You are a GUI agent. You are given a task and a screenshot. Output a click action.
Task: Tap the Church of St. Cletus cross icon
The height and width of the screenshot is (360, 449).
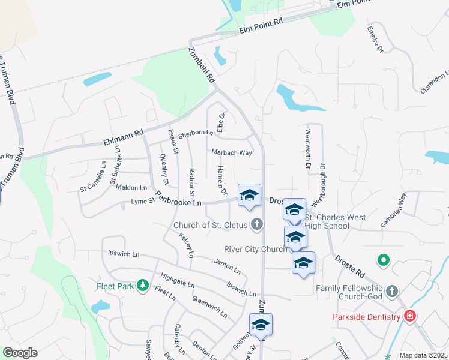point(257,225)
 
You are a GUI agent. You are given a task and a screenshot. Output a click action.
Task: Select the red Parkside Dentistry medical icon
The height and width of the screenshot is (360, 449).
point(410,316)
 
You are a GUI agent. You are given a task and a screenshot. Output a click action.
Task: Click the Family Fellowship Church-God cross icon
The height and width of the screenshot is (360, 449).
point(392,292)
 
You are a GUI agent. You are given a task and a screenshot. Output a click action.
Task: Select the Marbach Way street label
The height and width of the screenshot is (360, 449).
point(232,152)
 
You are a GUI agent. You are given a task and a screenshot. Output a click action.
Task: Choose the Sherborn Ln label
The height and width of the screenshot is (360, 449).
point(196,134)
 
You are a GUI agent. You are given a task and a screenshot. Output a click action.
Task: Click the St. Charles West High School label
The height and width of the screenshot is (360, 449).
point(327,221)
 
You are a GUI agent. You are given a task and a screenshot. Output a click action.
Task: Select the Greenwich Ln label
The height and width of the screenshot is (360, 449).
point(209,305)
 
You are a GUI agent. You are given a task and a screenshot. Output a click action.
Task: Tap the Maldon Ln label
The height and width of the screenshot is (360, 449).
point(131,188)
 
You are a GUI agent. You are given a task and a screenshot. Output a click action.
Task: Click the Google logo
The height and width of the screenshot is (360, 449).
point(20,353)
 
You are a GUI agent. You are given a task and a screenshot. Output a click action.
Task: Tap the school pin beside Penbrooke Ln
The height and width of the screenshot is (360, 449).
point(250,196)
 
